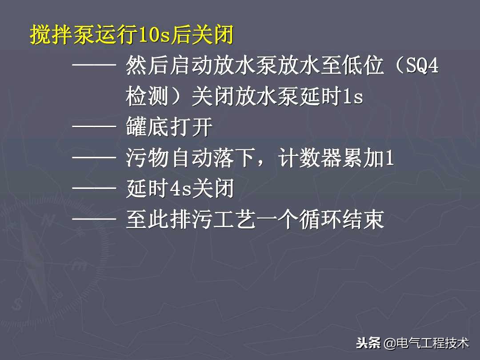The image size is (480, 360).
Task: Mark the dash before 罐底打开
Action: click(94, 128)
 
